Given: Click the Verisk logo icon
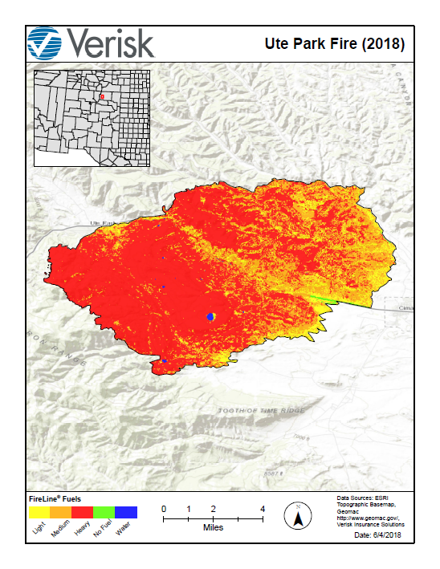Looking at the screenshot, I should pos(45,43).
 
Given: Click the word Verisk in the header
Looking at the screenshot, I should pos(111,43).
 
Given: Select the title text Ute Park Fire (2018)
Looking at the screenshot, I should pos(334,43).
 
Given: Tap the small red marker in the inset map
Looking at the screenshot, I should pos(102,98).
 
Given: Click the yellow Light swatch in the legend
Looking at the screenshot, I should pos(39,512).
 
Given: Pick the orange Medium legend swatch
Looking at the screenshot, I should pos(61,512).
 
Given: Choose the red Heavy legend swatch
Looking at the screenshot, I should pos(83,512).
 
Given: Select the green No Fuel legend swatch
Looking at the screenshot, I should pos(104,512).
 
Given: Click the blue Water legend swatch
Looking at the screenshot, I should pos(126,512).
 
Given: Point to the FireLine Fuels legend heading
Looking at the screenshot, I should pos(55,499).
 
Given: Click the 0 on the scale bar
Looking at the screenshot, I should pos(164,509).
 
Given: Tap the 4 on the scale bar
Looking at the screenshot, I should pos(263,509).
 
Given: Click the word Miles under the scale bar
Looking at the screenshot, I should pos(213,528).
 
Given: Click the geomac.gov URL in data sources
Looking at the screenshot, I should pos(365,518).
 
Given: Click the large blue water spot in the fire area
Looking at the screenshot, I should pos(211,316).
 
